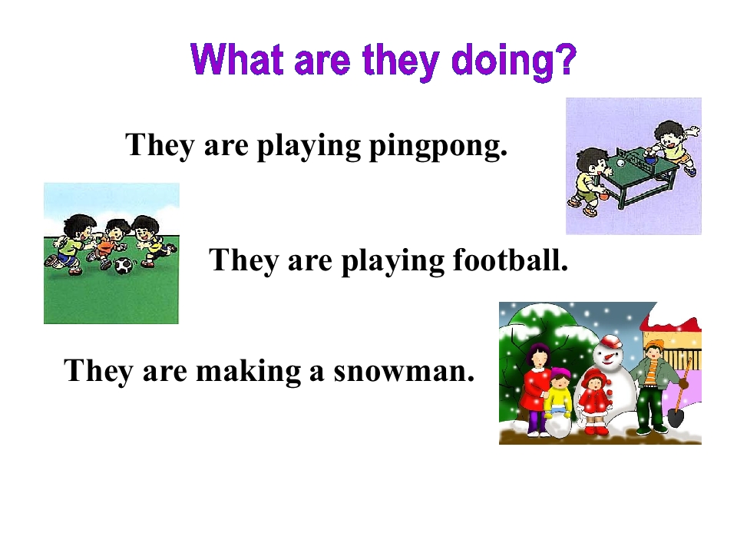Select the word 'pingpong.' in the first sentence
pyautogui.click(x=438, y=145)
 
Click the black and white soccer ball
pyautogui.click(x=123, y=266)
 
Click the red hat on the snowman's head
pyautogui.click(x=610, y=339)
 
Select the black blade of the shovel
pyautogui.click(x=676, y=417)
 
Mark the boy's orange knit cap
pyautogui.click(x=653, y=346)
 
